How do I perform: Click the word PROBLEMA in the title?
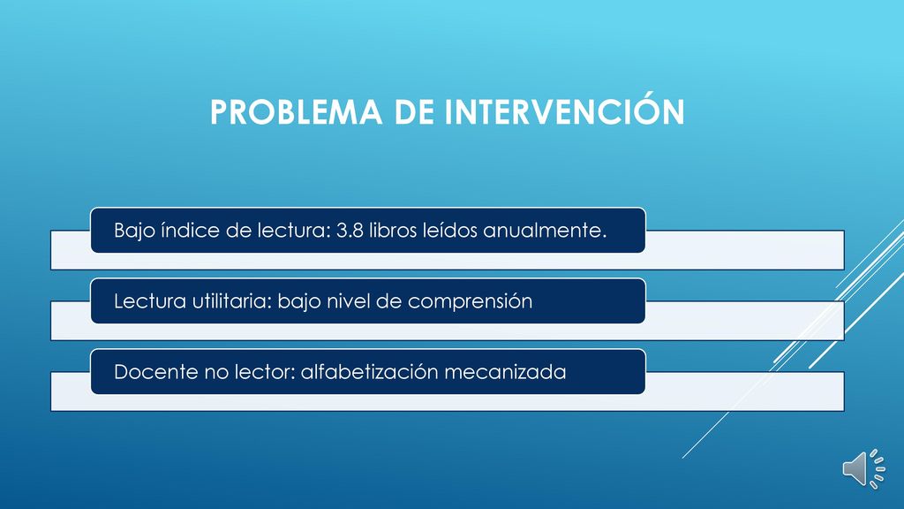point(296,112)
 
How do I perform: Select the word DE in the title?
point(413,112)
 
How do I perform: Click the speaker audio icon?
point(863,468)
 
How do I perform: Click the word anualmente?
point(545,230)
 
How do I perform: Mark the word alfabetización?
point(370,372)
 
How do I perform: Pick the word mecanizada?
point(505,372)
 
